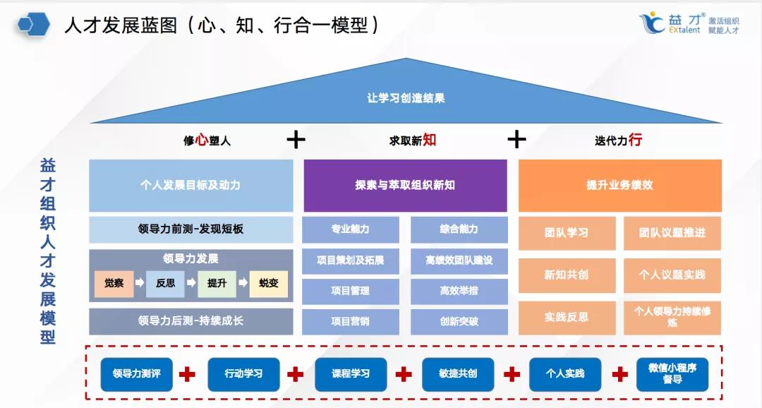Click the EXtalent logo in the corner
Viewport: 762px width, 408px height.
click(x=689, y=23)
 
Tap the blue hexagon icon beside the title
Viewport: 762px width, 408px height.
click(x=34, y=24)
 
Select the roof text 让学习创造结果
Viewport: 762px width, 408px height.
click(x=406, y=97)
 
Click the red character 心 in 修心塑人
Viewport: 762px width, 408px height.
click(x=202, y=140)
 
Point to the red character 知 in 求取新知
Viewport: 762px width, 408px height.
click(x=429, y=140)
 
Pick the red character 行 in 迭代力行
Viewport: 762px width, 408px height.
click(x=635, y=140)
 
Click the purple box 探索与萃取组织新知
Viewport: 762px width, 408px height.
click(x=405, y=185)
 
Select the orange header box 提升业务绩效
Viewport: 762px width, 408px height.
click(x=620, y=185)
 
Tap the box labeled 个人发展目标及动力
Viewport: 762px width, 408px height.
click(x=191, y=185)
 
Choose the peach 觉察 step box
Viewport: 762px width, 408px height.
click(x=114, y=284)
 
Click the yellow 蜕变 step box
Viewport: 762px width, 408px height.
click(x=269, y=284)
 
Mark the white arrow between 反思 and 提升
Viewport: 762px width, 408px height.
click(x=191, y=282)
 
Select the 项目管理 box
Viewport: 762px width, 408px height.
click(x=351, y=291)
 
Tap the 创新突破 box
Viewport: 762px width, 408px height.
click(x=459, y=321)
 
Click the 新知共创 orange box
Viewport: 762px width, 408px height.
click(x=567, y=275)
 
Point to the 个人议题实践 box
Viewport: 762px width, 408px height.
click(x=672, y=275)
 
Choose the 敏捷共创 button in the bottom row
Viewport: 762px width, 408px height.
click(x=458, y=374)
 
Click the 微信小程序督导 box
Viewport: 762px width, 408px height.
click(x=672, y=374)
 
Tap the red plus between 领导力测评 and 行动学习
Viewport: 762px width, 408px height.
click(x=187, y=374)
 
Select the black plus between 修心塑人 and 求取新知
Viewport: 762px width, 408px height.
click(x=296, y=140)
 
